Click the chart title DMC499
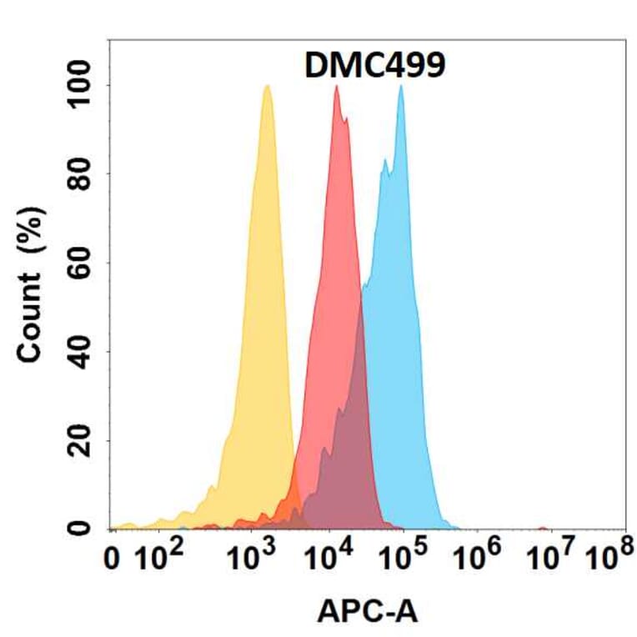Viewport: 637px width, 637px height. (x=374, y=66)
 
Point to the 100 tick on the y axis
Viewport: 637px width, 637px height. (x=80, y=86)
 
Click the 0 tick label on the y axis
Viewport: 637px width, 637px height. (x=80, y=528)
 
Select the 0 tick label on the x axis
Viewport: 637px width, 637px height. (x=113, y=559)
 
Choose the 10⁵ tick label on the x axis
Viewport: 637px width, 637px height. (x=407, y=558)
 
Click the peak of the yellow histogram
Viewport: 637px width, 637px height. (x=266, y=86)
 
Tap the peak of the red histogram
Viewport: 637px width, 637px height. (x=336, y=86)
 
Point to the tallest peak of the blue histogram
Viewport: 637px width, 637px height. (x=401, y=86)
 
